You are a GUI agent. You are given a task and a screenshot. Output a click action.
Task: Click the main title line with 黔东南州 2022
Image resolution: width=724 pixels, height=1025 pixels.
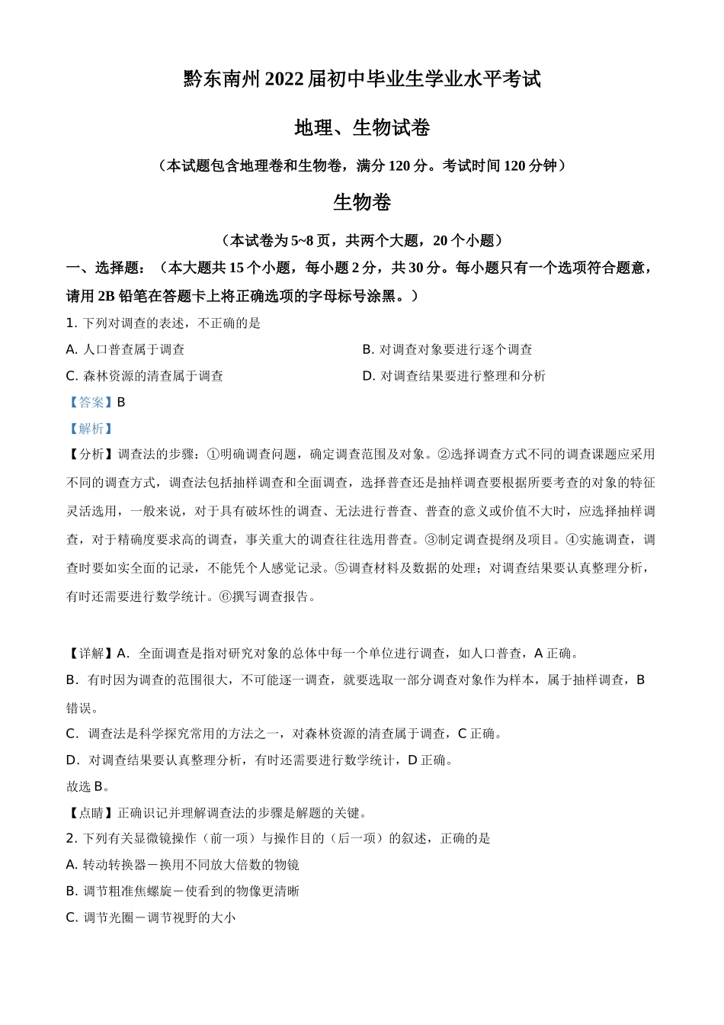click(362, 79)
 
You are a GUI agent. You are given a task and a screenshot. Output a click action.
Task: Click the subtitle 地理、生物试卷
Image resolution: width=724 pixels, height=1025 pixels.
click(362, 127)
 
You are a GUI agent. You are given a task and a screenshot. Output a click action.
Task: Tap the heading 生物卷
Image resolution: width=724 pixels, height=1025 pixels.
click(362, 202)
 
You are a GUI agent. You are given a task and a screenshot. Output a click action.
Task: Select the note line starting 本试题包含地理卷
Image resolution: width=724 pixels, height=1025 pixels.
click(362, 165)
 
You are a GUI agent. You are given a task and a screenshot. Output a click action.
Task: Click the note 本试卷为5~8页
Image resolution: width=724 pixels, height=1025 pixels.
click(362, 240)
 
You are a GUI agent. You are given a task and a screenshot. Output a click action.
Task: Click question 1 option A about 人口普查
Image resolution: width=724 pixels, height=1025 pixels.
click(126, 349)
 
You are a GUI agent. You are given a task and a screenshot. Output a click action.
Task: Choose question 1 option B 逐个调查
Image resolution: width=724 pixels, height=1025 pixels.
click(447, 349)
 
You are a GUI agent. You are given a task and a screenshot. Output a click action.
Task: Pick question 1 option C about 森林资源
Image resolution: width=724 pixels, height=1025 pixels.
click(145, 376)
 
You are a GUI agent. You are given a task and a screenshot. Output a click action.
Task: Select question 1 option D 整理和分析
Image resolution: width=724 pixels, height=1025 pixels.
click(454, 376)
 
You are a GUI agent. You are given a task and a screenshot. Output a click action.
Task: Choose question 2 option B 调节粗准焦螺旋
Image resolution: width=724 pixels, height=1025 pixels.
click(183, 891)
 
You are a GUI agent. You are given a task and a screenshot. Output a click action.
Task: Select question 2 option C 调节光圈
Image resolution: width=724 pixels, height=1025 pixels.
click(151, 917)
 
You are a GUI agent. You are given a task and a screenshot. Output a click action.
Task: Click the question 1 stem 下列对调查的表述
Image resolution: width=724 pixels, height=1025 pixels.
click(164, 323)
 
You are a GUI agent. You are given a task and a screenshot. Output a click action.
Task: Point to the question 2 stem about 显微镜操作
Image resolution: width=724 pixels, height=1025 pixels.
click(278, 838)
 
